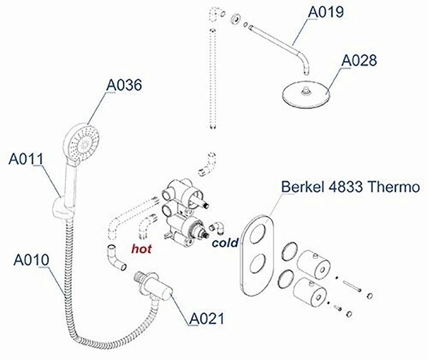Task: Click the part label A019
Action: pos(325,12)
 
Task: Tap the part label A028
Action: pos(359,60)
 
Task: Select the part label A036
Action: pos(124,84)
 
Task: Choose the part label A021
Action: pos(206,318)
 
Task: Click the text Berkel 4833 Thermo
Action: pos(351,186)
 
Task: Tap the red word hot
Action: pos(141,248)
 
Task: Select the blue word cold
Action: pos(225,243)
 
